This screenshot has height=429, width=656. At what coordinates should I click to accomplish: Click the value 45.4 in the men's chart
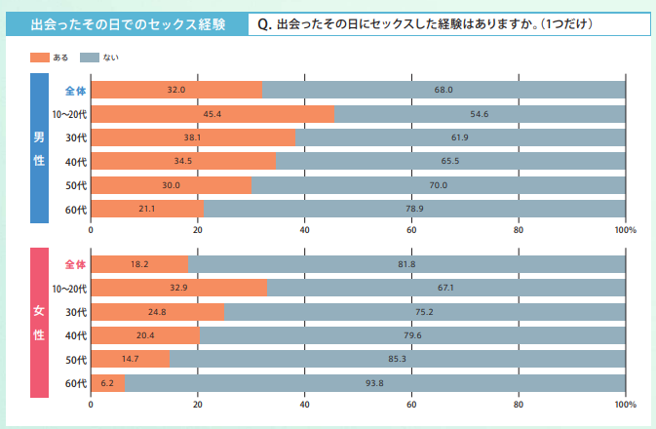211,114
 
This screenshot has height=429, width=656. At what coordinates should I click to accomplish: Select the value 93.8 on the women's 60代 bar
374,383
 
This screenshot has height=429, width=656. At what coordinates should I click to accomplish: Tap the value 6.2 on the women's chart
106,383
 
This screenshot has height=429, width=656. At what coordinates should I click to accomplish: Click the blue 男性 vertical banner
39,146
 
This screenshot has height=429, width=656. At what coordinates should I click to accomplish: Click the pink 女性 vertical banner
39,323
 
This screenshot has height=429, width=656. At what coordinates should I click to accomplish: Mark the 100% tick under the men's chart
625,230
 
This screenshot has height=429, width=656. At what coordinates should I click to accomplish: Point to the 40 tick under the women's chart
304,404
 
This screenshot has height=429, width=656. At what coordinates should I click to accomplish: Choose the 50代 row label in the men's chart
76,185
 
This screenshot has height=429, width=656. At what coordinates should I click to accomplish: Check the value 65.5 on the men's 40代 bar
449,161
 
